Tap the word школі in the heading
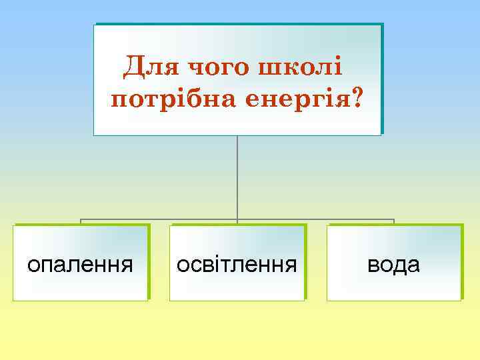(304, 67)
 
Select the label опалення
(80, 265)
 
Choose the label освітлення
(237, 265)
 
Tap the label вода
(394, 265)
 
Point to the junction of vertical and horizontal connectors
(237, 219)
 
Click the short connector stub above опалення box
(81, 222)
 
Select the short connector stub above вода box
(394, 222)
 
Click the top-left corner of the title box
(94, 25)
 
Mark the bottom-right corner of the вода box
(461, 300)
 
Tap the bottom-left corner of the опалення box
(13, 300)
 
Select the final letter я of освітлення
(291, 265)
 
